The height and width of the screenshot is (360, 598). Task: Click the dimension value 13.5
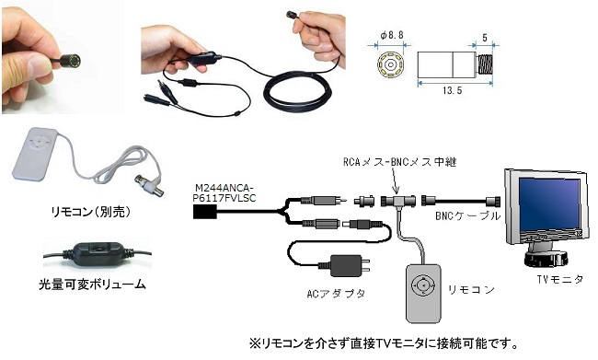(x=453, y=90)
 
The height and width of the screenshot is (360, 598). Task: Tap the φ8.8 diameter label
(x=392, y=36)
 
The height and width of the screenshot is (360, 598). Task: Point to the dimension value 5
(x=485, y=38)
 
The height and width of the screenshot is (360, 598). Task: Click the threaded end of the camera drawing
(x=485, y=64)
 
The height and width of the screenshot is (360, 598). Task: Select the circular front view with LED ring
(x=390, y=64)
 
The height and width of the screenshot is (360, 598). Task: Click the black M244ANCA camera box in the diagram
(x=205, y=212)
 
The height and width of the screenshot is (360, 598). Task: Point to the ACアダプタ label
(x=336, y=294)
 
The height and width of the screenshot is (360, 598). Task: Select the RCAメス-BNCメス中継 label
(x=400, y=162)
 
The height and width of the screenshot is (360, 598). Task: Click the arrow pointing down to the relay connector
(x=395, y=181)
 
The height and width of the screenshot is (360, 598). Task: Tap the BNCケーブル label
(x=468, y=216)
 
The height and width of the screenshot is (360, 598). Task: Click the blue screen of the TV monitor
(x=549, y=204)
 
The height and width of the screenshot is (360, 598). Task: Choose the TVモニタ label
(x=560, y=280)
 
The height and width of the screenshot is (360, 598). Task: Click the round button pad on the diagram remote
(x=423, y=285)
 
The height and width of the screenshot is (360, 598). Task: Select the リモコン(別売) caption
(x=91, y=213)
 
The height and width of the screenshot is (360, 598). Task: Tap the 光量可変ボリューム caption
(x=92, y=285)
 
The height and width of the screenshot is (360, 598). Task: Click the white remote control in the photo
(x=35, y=155)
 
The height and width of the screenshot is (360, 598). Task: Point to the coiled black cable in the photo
(x=298, y=90)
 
